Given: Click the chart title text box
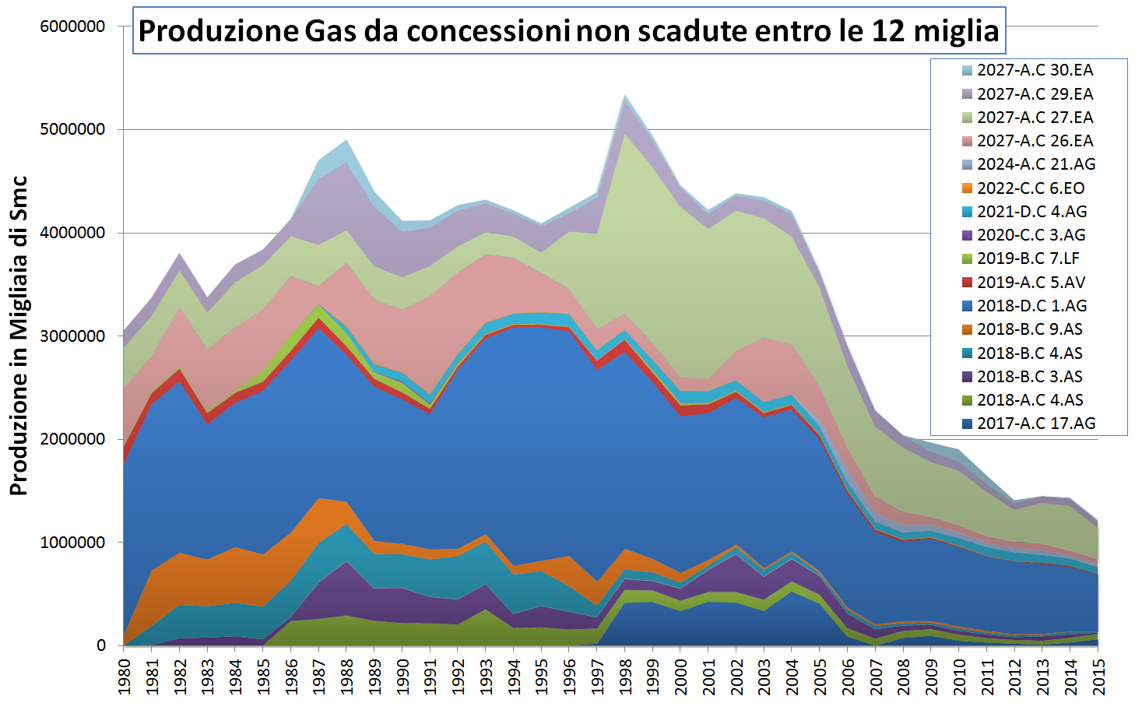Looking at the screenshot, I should coord(568,31).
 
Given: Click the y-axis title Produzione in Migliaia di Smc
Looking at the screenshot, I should coord(19,336).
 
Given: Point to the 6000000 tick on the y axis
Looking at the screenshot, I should coord(72,26).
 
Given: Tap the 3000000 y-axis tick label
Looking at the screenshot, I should coord(72,336).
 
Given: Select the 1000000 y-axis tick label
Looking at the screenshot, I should coord(72,543).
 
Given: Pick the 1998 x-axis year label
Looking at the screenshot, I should coord(625,675).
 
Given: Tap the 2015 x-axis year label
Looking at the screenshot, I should coord(1098,675).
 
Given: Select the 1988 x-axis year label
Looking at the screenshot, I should coord(347,675).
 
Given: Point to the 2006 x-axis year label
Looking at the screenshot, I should coord(848,675).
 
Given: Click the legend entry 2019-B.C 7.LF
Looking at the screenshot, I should coord(1028,258).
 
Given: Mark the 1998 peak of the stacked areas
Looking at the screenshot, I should coord(625,96).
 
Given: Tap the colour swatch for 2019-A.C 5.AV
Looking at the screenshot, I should coord(967,283).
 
